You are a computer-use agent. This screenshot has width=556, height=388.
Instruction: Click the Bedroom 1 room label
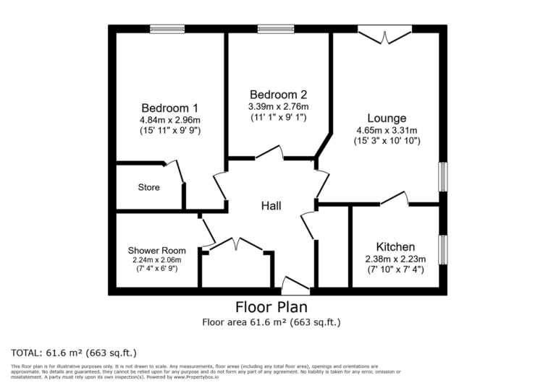pyautogui.click(x=169, y=107)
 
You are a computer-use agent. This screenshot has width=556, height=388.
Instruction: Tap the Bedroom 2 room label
pyautogui.click(x=278, y=95)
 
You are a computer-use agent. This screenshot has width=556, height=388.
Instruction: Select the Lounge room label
pyautogui.click(x=386, y=118)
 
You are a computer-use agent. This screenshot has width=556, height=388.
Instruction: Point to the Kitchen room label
pyautogui.click(x=395, y=246)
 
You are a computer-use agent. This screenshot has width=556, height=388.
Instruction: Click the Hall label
pyautogui.click(x=271, y=206)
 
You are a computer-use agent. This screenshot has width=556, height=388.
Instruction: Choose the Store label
pyautogui.click(x=148, y=188)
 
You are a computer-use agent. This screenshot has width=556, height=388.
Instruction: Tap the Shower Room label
pyautogui.click(x=157, y=251)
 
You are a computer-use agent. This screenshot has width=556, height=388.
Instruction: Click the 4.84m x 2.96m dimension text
pyautogui.click(x=169, y=119)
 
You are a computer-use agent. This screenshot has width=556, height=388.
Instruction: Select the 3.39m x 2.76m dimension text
pyautogui.click(x=278, y=106)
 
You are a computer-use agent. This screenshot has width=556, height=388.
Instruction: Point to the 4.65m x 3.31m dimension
pyautogui.click(x=386, y=130)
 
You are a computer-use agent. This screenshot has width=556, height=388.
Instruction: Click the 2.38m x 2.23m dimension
pyautogui.click(x=395, y=259)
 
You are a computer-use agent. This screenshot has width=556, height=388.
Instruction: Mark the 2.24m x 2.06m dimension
pyautogui.click(x=157, y=260)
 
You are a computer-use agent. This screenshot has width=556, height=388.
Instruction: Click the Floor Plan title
pyautogui.click(x=271, y=307)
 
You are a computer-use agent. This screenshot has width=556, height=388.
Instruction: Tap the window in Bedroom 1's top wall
pyautogui.click(x=167, y=29)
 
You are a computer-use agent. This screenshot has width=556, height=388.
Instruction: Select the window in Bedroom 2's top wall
pyautogui.click(x=276, y=29)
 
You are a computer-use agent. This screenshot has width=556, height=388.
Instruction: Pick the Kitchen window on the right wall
pyautogui.click(x=442, y=249)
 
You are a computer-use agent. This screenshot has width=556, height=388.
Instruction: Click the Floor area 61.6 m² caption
pyautogui.click(x=271, y=322)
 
